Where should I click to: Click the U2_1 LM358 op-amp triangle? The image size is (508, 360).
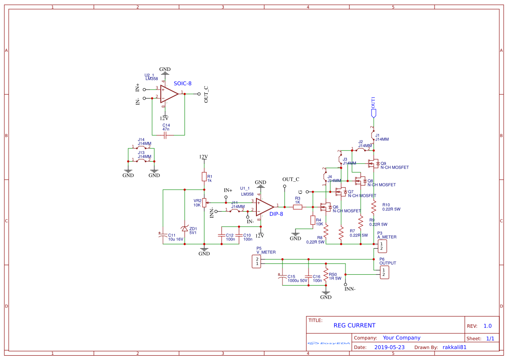click(x=169, y=94)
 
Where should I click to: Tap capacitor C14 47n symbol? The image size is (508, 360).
click(x=165, y=136)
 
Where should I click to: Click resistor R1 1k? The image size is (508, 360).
click(x=204, y=176)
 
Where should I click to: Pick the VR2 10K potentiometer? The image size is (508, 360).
click(x=204, y=203)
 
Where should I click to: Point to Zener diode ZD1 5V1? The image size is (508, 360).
click(x=185, y=229)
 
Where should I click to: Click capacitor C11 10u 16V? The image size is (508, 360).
click(x=163, y=235)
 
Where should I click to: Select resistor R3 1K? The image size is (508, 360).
click(x=298, y=207)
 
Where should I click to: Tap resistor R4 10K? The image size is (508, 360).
click(x=312, y=220)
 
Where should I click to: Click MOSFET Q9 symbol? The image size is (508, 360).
click(x=373, y=164)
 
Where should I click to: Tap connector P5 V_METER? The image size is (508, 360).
click(x=257, y=261)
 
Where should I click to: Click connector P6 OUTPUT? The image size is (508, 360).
click(x=384, y=273)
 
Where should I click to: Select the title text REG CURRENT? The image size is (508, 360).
click(x=354, y=325)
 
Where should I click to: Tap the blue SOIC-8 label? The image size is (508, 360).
click(x=183, y=83)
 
